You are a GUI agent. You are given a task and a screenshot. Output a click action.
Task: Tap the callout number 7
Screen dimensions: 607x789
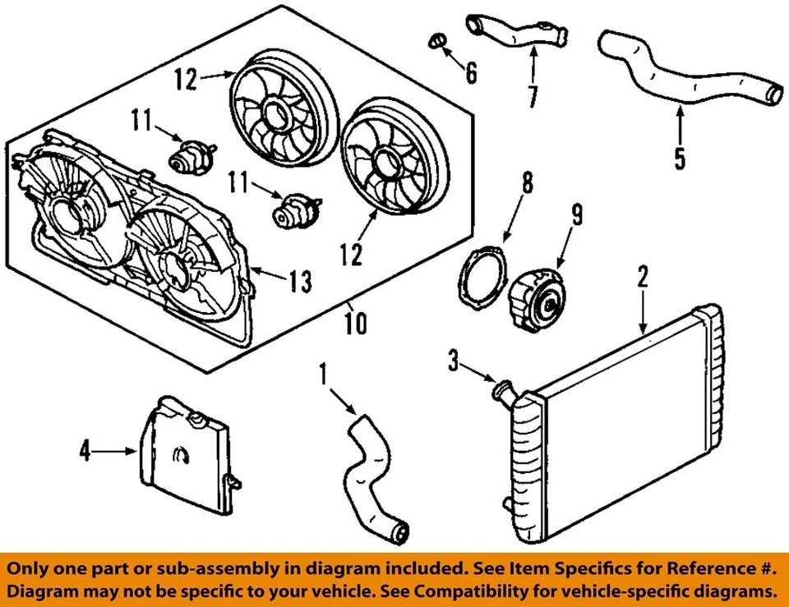pyautogui.click(x=533, y=96)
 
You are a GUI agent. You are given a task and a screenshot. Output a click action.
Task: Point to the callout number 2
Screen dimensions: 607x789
pyautogui.click(x=643, y=276)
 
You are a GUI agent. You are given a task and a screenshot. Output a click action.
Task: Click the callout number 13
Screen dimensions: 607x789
pyautogui.click(x=300, y=283)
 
